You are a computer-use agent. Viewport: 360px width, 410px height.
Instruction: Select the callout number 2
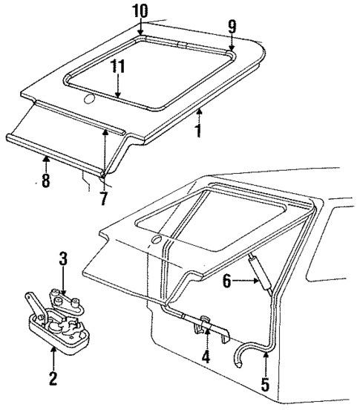53,379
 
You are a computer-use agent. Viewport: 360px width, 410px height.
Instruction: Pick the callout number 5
265,385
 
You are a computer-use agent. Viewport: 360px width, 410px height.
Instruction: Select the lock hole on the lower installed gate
157,240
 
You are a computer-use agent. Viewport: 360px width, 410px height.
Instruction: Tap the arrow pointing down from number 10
140,28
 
